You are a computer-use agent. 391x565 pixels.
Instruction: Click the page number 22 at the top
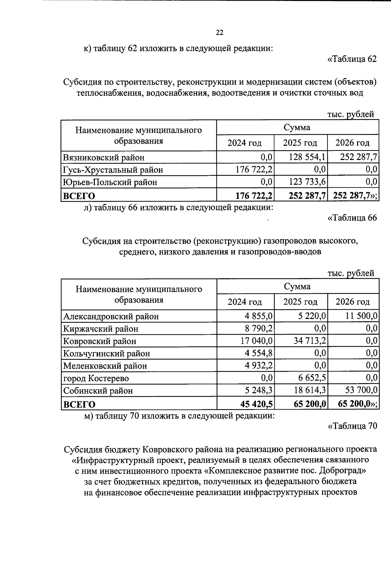click(219, 33)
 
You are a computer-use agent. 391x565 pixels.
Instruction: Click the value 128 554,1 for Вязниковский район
click(307, 157)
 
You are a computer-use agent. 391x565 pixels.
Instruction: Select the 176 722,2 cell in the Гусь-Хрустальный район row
click(254, 170)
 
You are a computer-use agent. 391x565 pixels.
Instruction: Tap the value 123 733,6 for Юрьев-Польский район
click(307, 182)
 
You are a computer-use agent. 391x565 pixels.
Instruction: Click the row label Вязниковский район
click(104, 158)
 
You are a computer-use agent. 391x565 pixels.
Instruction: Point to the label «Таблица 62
click(352, 59)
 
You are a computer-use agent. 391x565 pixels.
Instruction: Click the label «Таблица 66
click(352, 218)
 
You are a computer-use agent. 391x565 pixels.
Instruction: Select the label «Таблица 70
click(352, 426)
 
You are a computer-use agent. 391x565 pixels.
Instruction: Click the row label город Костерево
click(96, 378)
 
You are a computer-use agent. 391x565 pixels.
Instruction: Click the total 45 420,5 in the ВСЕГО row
click(256, 404)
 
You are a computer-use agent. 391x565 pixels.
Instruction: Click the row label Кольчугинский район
click(107, 354)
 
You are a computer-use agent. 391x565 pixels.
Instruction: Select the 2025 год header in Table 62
click(300, 143)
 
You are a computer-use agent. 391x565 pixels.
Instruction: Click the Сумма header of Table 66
click(297, 286)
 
